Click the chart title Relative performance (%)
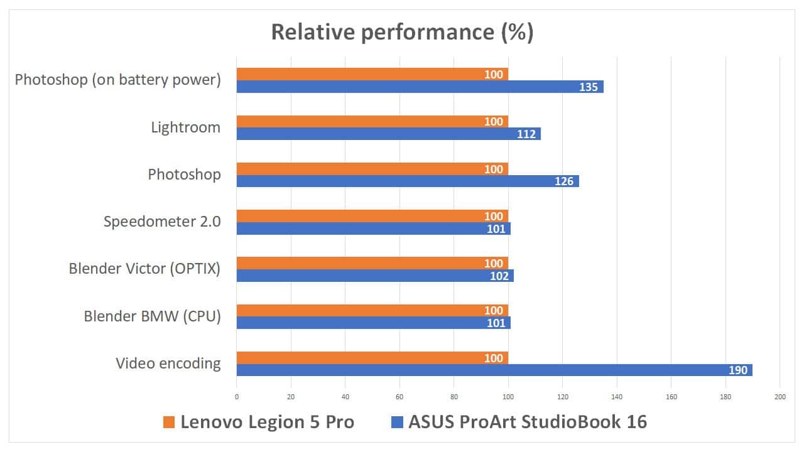point(402,32)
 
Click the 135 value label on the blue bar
point(589,87)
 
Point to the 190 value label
point(738,370)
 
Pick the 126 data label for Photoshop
point(564,181)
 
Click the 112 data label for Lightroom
point(526,134)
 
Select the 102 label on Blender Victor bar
point(499,276)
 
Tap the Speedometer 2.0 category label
point(162,221)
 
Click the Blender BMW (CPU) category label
point(153,316)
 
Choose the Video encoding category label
point(168,363)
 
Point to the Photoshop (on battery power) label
point(118,80)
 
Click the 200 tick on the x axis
point(780,397)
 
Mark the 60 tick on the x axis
point(399,397)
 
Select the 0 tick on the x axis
point(237,397)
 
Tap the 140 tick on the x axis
point(617,397)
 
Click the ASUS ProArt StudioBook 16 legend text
point(528,422)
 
